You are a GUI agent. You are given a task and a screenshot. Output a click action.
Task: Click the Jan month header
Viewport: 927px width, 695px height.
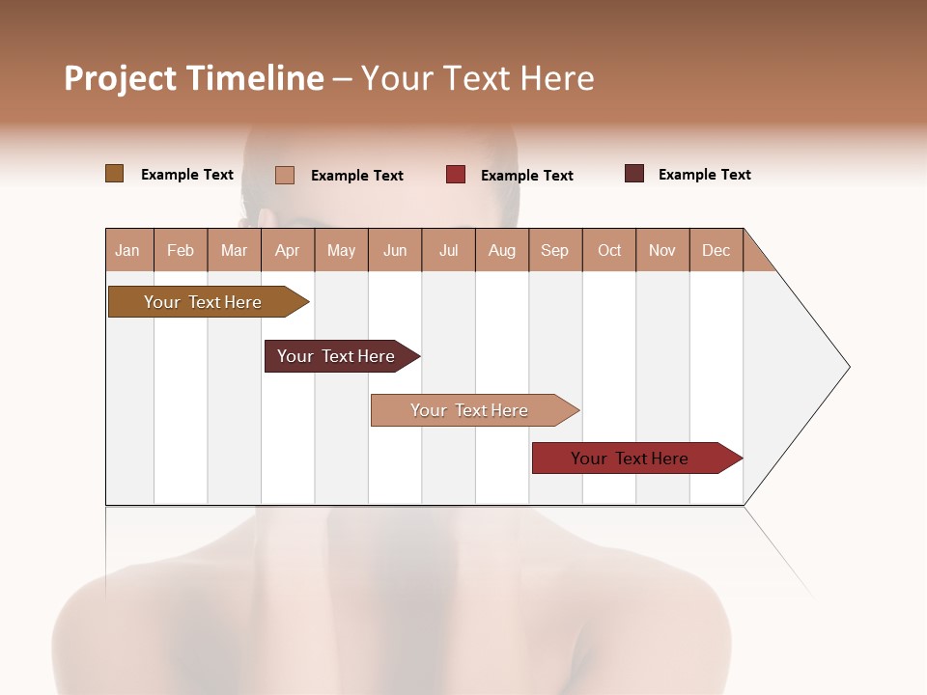tap(128, 250)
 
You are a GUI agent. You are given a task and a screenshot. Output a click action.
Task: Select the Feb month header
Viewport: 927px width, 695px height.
tap(181, 250)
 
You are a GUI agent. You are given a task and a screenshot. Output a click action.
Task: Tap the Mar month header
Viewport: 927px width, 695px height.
tap(234, 250)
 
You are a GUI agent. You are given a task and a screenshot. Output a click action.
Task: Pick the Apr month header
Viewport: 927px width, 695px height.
tap(288, 250)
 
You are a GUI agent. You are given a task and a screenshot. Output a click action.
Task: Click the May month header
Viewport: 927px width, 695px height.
tap(341, 250)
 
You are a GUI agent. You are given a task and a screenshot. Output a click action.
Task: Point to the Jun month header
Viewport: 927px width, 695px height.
tap(395, 250)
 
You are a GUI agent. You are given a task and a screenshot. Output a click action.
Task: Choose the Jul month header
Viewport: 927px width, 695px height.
tap(448, 250)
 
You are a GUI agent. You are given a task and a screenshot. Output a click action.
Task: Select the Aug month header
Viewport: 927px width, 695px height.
tap(502, 250)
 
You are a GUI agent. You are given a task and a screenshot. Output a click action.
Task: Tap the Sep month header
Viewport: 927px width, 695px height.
tap(555, 250)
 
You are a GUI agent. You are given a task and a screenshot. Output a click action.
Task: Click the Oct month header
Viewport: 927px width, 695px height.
tap(609, 250)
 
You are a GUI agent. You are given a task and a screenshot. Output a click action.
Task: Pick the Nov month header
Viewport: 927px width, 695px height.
tap(662, 250)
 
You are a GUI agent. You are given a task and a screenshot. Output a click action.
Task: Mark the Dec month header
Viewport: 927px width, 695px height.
tap(716, 250)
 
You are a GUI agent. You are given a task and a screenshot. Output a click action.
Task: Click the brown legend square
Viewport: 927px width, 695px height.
tap(115, 174)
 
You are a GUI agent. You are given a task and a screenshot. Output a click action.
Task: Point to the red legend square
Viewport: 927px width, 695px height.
tap(456, 175)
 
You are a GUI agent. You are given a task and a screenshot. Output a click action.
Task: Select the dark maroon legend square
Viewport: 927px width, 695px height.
tap(634, 174)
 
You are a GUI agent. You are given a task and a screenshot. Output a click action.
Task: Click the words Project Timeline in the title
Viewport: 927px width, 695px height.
tap(194, 78)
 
